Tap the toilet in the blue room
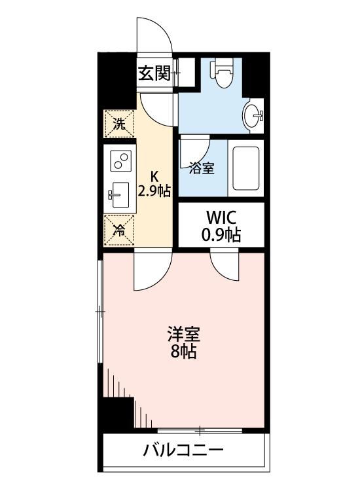222,73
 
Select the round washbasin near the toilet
251,117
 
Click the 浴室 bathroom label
202,168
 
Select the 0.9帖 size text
221,235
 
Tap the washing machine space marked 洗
119,124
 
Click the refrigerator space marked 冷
119,230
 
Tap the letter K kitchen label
155,175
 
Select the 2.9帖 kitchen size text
155,191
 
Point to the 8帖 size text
183,352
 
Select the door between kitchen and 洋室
151,272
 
